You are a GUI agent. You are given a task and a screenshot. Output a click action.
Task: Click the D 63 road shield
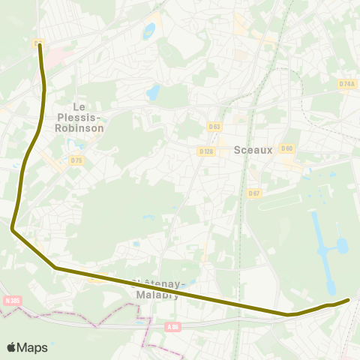coord(215,126)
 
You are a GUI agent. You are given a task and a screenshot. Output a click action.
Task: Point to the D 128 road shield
coord(206,151)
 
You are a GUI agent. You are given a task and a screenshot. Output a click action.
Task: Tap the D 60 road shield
coord(286,148)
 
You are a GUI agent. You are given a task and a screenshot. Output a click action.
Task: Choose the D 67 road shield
coord(254,193)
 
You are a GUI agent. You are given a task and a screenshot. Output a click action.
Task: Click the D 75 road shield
coord(76,160)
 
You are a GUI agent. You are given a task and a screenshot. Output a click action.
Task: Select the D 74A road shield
coord(346,84)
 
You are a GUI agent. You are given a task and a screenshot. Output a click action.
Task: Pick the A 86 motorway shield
coord(174,327)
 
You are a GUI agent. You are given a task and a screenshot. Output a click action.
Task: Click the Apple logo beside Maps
coord(12,347)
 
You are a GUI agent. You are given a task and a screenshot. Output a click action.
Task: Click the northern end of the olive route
coord(39,45)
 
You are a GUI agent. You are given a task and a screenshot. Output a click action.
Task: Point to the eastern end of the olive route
coord(349,300)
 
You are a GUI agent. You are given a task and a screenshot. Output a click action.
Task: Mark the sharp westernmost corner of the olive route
coord(12,229)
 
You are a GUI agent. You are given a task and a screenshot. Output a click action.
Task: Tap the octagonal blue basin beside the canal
coord(343,245)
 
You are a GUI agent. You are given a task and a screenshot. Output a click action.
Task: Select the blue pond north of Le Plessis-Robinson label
coord(154,93)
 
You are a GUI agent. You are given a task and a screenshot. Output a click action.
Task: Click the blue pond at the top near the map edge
coord(149,31)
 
